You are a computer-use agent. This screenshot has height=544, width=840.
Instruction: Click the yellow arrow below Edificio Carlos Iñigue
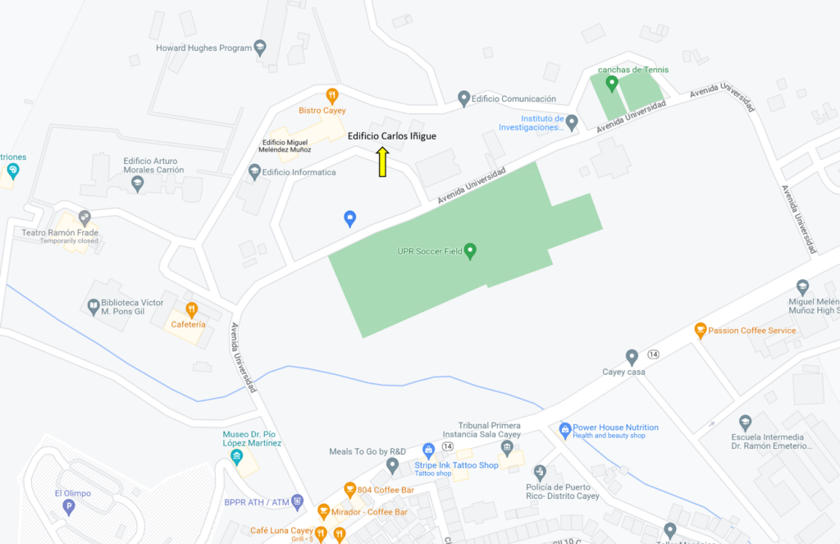pos(382,162)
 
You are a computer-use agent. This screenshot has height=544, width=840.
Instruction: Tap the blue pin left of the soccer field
pos(349,218)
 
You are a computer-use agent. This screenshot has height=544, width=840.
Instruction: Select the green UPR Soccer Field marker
pos(470,251)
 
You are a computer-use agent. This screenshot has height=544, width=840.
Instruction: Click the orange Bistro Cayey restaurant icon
pos(332,95)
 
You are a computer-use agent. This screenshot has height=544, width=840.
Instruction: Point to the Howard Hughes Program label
pos(203,48)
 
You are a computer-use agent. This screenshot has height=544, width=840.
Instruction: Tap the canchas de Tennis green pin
pos(611,83)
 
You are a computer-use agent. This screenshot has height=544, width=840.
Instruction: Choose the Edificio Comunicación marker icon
pos(463,98)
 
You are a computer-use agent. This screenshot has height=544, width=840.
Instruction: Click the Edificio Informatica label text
pos(299,172)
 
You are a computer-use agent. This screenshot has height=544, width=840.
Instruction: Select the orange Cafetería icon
pos(191,309)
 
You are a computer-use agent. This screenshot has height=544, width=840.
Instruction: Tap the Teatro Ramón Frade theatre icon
pos(84,217)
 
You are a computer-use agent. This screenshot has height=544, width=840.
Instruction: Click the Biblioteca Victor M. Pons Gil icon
pos(94,307)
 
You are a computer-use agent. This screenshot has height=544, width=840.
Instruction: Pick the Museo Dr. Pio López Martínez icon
pos(236,456)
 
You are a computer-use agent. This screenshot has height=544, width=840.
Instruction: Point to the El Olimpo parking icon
pos(68,506)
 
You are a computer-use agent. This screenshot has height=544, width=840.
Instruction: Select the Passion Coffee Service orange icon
pos(701,331)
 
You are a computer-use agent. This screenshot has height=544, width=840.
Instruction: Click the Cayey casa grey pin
pos(632,357)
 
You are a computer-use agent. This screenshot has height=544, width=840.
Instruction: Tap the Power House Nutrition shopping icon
pos(564,429)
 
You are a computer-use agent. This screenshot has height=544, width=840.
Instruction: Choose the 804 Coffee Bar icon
pos(349,490)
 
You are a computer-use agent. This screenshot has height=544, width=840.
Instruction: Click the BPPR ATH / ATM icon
pos(297,501)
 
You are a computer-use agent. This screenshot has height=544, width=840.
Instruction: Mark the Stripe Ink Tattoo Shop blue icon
pos(427,450)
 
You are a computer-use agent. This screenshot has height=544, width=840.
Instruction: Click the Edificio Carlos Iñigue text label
pos(392,136)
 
